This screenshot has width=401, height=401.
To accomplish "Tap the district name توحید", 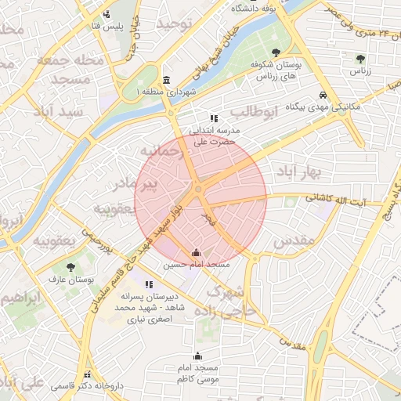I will point(174,24).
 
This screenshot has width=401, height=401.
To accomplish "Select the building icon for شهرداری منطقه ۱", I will point(166,81).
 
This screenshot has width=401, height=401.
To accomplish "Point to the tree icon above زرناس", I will point(360,59).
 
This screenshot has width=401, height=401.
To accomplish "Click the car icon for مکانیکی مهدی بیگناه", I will point(323,96).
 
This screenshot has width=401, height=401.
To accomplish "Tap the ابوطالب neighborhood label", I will point(256,113).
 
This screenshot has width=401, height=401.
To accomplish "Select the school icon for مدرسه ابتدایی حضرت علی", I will point(215,118).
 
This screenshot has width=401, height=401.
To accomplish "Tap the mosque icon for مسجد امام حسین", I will point(196,253).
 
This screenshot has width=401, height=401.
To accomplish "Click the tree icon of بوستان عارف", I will point(72,267).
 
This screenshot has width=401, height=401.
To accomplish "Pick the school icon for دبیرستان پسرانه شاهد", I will point(149,284).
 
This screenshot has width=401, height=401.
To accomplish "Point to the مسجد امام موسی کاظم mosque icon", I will point(197,355).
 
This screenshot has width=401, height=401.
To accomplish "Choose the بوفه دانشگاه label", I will point(258,9).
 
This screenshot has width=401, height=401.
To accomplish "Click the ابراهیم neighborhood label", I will point(20,299).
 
